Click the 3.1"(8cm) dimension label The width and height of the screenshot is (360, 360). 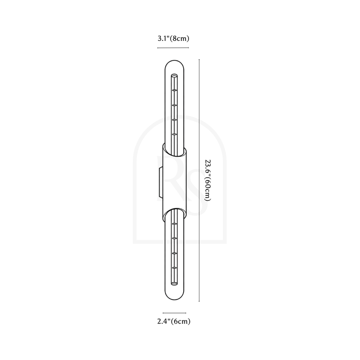[x=173, y=38]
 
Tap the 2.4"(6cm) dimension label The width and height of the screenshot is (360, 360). [x=174, y=321]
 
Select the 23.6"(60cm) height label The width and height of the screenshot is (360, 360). [x=207, y=180]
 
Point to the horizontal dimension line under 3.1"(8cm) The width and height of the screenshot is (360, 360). [x=173, y=48]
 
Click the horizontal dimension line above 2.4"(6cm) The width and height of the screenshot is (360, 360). [x=175, y=313]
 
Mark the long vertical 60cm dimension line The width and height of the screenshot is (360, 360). [x=199, y=180]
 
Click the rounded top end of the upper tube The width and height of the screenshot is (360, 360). [x=175, y=61]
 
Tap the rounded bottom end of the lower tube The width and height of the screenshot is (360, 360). [x=175, y=299]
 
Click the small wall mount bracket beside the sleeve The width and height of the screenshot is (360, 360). [x=160, y=183]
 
